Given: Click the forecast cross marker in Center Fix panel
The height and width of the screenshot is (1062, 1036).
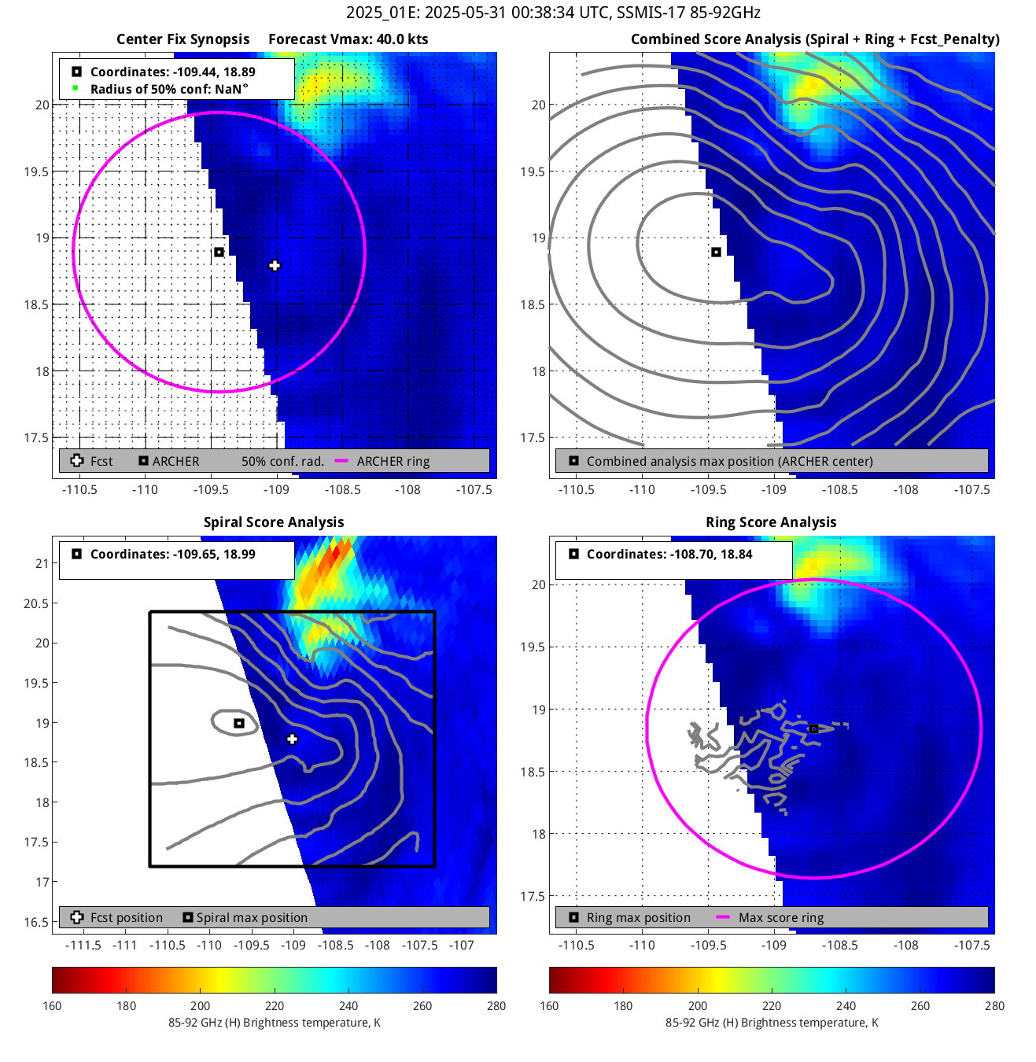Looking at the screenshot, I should point(275,266).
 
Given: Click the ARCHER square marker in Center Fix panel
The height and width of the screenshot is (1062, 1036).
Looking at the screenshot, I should point(219,253).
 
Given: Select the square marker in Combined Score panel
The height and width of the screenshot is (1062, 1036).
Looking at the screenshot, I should point(716,253).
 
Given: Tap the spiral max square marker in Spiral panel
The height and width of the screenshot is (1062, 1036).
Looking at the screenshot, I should point(239,723).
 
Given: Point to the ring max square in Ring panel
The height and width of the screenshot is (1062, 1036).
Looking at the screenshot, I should point(813,729).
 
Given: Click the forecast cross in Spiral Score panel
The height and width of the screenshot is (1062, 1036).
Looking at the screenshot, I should point(292,739).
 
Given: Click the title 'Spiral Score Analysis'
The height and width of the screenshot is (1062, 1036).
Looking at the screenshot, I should point(274,522).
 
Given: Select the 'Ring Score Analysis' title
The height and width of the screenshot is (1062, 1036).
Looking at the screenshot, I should point(771,522).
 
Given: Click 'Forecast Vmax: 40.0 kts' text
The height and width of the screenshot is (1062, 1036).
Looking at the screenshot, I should point(348,39).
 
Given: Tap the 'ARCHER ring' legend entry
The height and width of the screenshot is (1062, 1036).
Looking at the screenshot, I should point(393,462).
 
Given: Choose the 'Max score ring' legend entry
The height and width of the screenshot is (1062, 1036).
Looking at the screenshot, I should point(780,918).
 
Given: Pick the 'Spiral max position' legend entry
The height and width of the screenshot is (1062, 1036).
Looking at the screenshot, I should point(252,918).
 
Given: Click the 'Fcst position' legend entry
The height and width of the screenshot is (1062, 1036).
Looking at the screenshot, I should point(126,918).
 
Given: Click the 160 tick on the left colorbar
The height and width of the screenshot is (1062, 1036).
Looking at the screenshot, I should point(53,1006).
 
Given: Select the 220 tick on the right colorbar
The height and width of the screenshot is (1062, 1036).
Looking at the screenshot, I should point(772,1006).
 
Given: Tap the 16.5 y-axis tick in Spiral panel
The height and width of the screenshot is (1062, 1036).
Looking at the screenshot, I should point(36,922).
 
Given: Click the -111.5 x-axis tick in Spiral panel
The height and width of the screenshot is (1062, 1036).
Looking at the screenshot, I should point(83,946).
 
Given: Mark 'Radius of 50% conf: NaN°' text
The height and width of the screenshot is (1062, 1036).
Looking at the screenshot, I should point(169,90).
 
